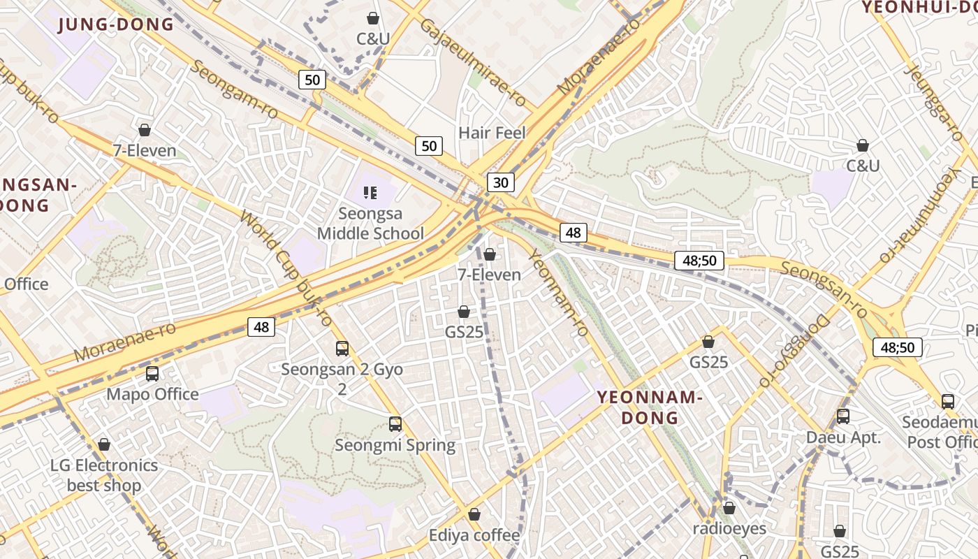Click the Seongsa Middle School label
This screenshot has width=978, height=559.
click(370, 223)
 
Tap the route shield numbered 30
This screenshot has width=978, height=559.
click(501, 183)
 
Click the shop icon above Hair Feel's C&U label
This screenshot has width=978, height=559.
click(373, 18)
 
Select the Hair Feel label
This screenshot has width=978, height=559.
click(492, 133)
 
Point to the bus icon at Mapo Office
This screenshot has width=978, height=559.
click(152, 374)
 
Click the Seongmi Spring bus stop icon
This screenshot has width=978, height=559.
click(395, 424)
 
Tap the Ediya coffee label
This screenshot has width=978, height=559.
click(474, 536)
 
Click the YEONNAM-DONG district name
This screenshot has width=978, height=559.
click(649, 407)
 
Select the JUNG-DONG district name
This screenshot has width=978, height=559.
click(116, 25)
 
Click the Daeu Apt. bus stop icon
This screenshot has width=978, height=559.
click(843, 416)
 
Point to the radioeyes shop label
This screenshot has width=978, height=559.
click(729, 529)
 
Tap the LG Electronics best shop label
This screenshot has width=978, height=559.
click(104, 475)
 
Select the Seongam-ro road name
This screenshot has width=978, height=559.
click(234, 89)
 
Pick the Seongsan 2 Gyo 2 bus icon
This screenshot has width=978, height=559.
click(342, 349)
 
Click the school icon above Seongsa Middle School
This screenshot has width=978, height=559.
click(370, 193)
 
